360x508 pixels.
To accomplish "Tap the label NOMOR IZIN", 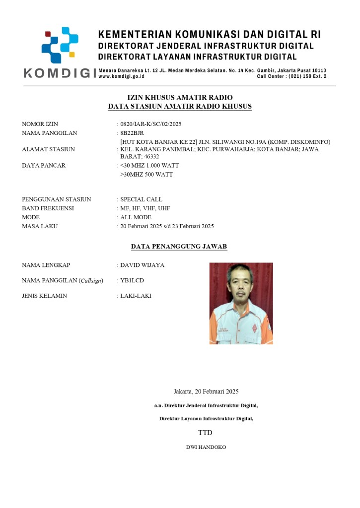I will (x=40, y=124).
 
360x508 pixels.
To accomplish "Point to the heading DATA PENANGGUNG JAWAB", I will (x=179, y=246).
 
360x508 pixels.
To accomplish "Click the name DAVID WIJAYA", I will (x=142, y=265).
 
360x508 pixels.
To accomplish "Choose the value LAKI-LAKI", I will (x=136, y=296).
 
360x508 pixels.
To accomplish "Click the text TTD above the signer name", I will (x=205, y=433).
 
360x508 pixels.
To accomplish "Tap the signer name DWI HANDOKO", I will (x=206, y=447).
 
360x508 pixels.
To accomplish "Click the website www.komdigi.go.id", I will (x=122, y=77).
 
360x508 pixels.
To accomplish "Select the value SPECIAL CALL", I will (x=141, y=199).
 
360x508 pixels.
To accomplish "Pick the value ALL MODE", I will (x=136, y=217).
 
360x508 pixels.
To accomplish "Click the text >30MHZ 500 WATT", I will (x=146, y=175).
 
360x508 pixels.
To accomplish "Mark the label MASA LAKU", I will (x=40, y=226).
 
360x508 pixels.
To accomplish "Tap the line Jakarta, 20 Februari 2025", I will (x=206, y=391).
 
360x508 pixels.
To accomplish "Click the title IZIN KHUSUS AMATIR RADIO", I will (x=180, y=98).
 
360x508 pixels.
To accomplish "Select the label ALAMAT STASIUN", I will (x=48, y=149).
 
